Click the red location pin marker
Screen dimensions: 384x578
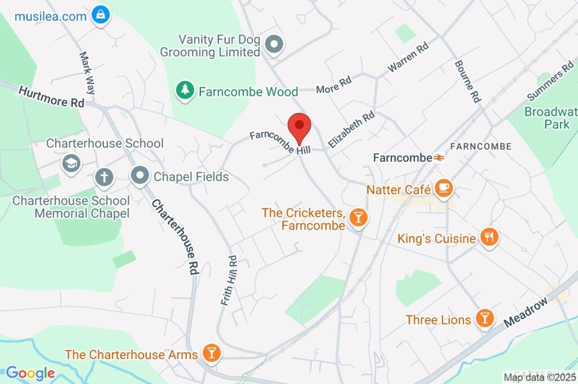click(300, 128)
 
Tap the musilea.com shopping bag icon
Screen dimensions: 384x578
click(100, 15)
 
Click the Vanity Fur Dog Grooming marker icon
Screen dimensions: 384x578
click(274, 44)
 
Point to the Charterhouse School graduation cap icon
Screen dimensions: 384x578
click(72, 164)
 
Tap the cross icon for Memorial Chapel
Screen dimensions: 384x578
click(104, 177)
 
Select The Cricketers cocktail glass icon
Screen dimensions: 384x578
click(358, 217)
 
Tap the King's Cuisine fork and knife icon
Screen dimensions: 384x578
click(489, 238)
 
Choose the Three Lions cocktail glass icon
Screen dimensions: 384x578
click(484, 318)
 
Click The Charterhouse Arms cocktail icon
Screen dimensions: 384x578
click(212, 354)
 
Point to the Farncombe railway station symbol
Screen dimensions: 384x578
click(438, 159)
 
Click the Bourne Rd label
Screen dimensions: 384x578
click(467, 81)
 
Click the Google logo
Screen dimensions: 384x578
click(30, 373)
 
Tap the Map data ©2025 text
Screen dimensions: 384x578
click(538, 377)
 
